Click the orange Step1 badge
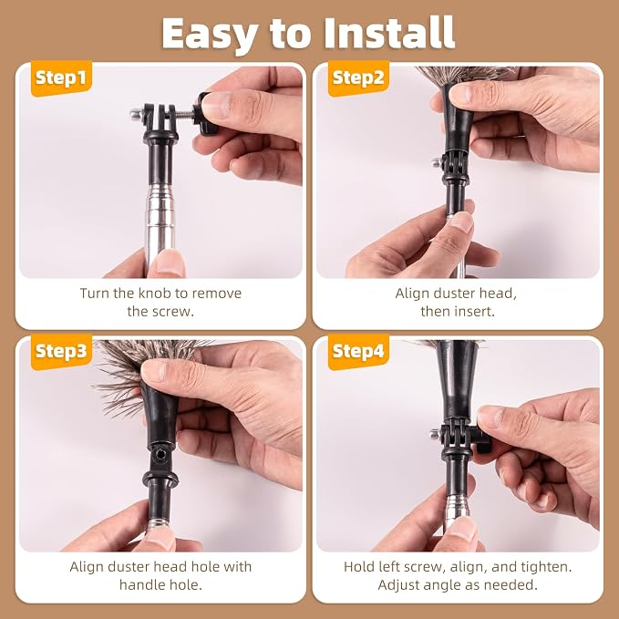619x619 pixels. click(61, 77)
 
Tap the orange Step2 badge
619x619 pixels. click(358, 77)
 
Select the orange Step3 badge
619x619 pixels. click(61, 351)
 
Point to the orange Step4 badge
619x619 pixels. click(358, 351)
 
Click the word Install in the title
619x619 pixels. click(389, 33)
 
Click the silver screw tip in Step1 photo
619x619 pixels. click(136, 114)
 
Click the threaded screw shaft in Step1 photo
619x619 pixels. click(184, 114)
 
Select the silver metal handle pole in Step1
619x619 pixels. click(160, 225)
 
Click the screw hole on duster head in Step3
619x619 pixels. click(160, 455)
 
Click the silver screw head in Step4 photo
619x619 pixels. click(435, 435)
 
